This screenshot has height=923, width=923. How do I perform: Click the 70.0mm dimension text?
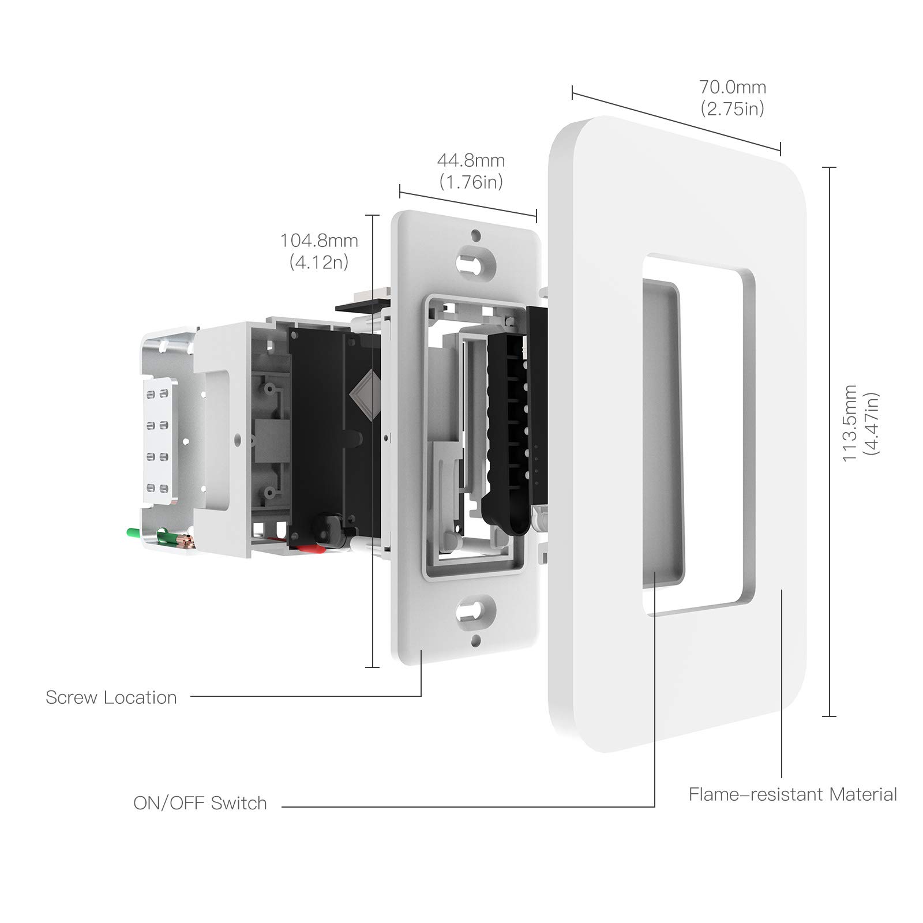click(733, 87)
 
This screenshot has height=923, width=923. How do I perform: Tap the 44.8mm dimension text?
click(471, 160)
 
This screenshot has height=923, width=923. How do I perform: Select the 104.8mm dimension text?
click(319, 241)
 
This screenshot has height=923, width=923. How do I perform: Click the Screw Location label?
click(111, 697)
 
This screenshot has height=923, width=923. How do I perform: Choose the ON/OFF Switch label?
click(200, 803)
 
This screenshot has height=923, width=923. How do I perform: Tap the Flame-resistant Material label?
click(793, 794)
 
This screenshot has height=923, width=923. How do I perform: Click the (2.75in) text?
click(733, 108)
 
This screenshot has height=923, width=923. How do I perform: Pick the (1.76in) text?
click(471, 182)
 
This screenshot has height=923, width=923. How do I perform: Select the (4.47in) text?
click(871, 424)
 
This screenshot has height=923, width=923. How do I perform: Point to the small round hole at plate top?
click(476, 235)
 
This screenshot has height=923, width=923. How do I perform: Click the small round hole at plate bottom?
click(476, 640)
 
